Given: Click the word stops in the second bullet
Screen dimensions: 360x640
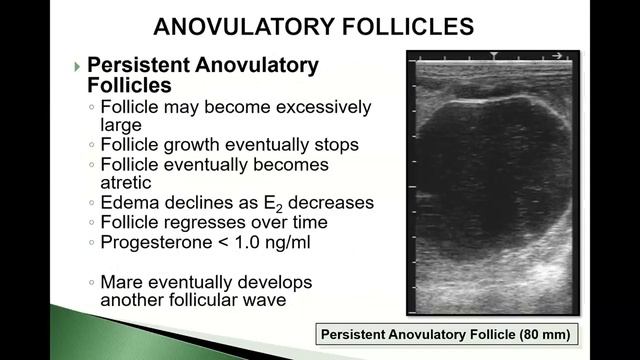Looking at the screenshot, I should click(336, 144).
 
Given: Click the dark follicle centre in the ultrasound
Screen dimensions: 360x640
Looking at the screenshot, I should click(500, 180).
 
